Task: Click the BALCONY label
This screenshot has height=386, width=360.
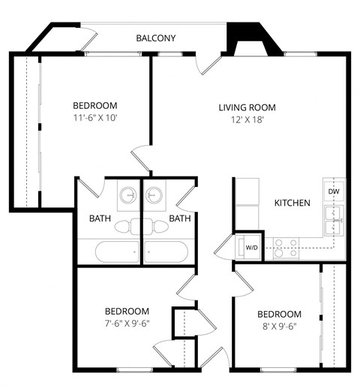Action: [x=156, y=38]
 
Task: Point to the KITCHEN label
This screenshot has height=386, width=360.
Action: [x=292, y=203]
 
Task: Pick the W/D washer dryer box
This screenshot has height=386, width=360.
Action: [x=250, y=247]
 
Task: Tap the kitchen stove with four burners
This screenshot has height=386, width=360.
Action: [x=284, y=248]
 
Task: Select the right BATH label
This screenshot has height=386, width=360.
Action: [x=179, y=219]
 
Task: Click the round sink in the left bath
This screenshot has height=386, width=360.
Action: [x=129, y=195]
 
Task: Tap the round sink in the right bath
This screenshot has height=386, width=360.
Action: [x=154, y=195]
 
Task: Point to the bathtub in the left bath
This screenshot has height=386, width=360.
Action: [x=108, y=250]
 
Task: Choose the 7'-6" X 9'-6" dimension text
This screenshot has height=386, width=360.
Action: [x=127, y=324]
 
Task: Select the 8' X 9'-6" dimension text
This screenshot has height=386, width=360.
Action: [x=279, y=327]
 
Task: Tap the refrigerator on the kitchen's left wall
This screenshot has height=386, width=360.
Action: [x=247, y=196]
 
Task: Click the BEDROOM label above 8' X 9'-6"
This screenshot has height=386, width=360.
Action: [x=279, y=314]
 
